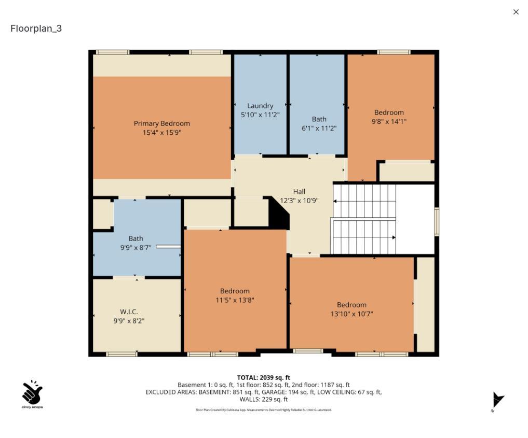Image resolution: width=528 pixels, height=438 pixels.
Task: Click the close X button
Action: coord(516,12)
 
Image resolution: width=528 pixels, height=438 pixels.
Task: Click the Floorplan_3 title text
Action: coord(36,29)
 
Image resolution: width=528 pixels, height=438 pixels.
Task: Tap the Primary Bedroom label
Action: coord(161,123)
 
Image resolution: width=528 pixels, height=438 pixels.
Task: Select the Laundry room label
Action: coord(260,106)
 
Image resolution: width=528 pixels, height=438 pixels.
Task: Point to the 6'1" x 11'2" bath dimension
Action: coord(319,128)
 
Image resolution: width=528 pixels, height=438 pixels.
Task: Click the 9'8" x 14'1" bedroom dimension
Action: coord(389,121)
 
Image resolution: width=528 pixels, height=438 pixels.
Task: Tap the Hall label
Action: coord(299,191)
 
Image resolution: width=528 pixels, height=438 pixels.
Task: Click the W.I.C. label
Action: coord(129,312)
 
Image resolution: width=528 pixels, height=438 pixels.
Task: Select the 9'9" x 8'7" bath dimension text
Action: coord(136,248)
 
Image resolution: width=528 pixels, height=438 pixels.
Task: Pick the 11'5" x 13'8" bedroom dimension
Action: coord(235,300)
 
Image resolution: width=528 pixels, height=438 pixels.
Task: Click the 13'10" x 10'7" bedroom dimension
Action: coord(351,314)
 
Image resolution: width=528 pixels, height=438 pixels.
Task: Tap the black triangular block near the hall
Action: coord(279,214)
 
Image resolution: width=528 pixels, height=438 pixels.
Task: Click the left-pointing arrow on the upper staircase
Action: coord(335,201)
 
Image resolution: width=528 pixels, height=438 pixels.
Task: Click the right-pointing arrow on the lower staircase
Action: coord(394,237)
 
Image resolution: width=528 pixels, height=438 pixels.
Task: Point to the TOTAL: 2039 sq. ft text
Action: coord(263,377)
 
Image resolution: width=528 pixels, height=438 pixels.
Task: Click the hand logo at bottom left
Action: coord(32,393)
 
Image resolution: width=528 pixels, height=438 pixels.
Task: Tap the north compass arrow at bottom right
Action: coord(497,400)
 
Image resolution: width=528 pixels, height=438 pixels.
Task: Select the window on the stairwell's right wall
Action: coord(437,221)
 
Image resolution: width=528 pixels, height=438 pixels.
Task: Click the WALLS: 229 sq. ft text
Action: coord(263,399)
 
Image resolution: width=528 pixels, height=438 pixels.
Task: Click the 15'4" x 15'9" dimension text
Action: coord(161,133)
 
